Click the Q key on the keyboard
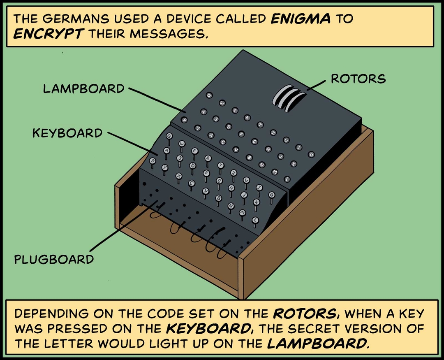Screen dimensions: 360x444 [x=169, y=135]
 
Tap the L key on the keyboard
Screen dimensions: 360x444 [x=255, y=220]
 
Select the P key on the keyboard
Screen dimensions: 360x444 [x=153, y=161]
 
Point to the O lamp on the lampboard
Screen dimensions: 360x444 [x=311, y=154]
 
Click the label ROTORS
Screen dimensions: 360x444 [x=358, y=79]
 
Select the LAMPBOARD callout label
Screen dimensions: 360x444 [x=84, y=88]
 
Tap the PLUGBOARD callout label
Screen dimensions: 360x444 [x=54, y=260]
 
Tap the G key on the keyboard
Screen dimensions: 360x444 [x=219, y=181]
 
